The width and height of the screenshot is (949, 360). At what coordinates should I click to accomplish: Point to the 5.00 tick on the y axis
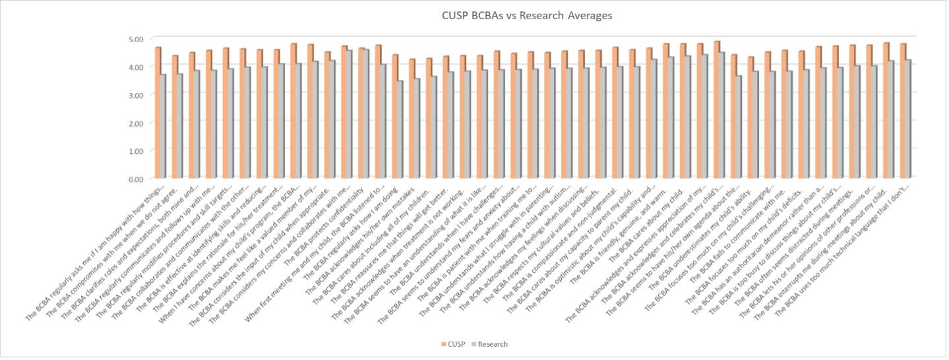(136, 39)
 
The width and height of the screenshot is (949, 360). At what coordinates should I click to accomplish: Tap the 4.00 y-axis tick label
(136, 67)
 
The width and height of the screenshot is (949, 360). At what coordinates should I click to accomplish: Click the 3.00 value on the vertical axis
(136, 95)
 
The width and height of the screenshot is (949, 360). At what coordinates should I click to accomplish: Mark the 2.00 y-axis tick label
(136, 123)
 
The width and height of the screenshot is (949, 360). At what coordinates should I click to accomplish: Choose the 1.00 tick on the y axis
(136, 150)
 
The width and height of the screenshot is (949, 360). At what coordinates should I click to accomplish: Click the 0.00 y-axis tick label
(136, 179)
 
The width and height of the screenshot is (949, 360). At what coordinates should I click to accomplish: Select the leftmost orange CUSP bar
(158, 112)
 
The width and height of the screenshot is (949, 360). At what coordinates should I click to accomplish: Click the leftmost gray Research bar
(163, 126)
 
